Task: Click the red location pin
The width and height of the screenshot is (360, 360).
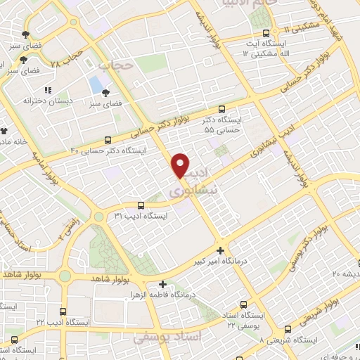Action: click(x=181, y=165)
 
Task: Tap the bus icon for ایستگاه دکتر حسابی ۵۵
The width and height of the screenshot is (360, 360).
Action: click(x=222, y=109)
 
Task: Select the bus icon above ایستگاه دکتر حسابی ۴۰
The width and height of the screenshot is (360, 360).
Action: click(x=108, y=139)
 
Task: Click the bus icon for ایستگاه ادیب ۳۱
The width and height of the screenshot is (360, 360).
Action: click(x=141, y=205)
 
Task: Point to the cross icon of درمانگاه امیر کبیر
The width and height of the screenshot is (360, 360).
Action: click(x=221, y=250)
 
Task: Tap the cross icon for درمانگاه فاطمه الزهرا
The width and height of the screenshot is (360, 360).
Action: click(x=163, y=285)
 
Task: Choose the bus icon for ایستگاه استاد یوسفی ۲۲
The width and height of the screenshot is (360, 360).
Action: click(x=244, y=304)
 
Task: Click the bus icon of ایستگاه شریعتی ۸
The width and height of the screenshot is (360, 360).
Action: click(x=287, y=328)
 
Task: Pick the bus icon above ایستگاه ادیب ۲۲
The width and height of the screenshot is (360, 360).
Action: click(x=63, y=311)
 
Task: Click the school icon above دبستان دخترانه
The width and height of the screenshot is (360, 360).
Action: click(x=48, y=91)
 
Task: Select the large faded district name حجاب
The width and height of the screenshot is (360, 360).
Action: click(x=117, y=65)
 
